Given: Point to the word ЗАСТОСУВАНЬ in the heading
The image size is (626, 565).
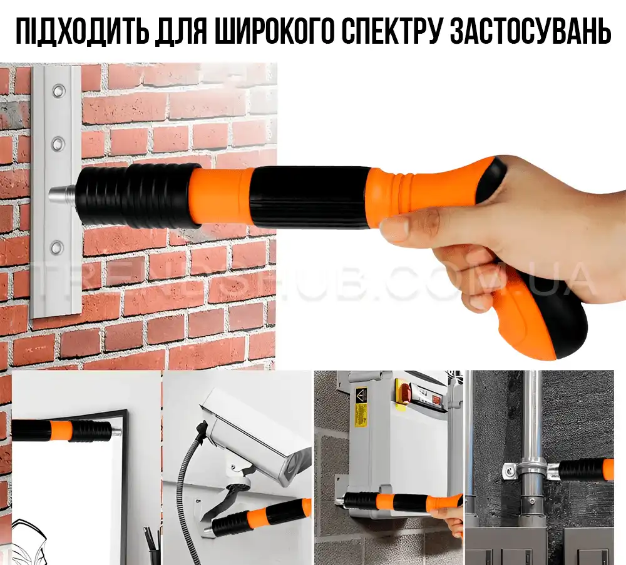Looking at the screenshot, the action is (531, 31).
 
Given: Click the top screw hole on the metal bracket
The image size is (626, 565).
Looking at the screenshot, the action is (58, 90).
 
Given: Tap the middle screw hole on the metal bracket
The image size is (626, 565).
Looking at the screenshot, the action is (58, 143).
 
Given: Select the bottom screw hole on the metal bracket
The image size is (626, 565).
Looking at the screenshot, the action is (58, 247).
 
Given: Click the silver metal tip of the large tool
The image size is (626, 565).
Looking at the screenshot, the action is (62, 195).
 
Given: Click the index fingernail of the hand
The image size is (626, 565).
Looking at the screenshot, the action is (393, 228).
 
